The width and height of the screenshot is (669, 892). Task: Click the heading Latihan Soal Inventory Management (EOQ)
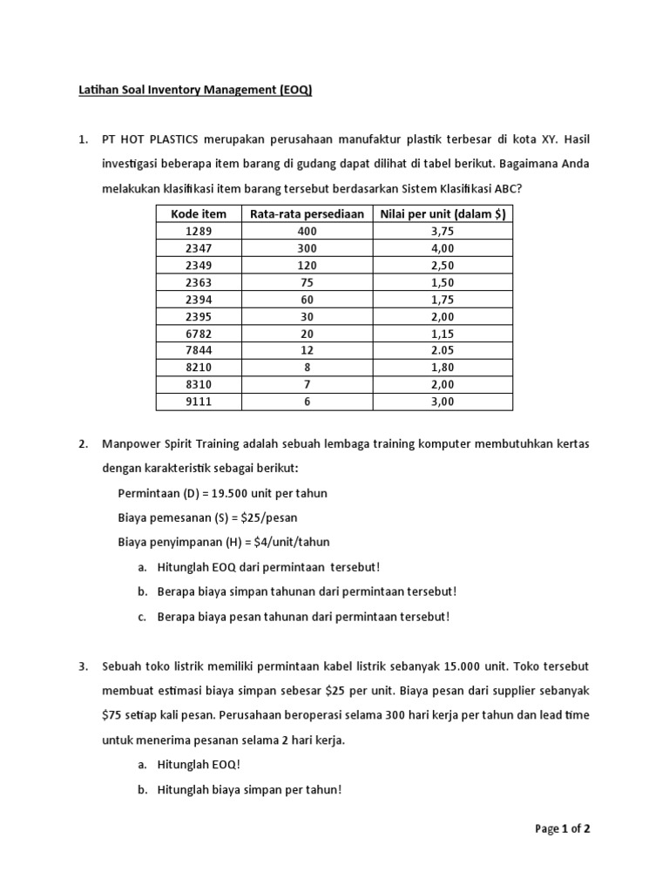(x=195, y=91)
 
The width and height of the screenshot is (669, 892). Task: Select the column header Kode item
(x=199, y=214)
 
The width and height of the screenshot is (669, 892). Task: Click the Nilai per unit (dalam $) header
(x=443, y=214)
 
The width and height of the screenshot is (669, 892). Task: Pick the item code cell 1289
(x=199, y=232)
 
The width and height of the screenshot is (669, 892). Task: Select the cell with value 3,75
(x=443, y=232)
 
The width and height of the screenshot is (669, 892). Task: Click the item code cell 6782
(x=199, y=334)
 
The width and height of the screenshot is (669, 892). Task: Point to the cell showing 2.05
(x=443, y=350)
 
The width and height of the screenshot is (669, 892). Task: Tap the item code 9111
(x=199, y=402)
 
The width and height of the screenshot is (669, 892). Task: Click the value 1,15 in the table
(x=443, y=334)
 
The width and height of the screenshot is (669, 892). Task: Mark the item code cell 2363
(x=199, y=282)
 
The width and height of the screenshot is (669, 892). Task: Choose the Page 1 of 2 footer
(x=563, y=828)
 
